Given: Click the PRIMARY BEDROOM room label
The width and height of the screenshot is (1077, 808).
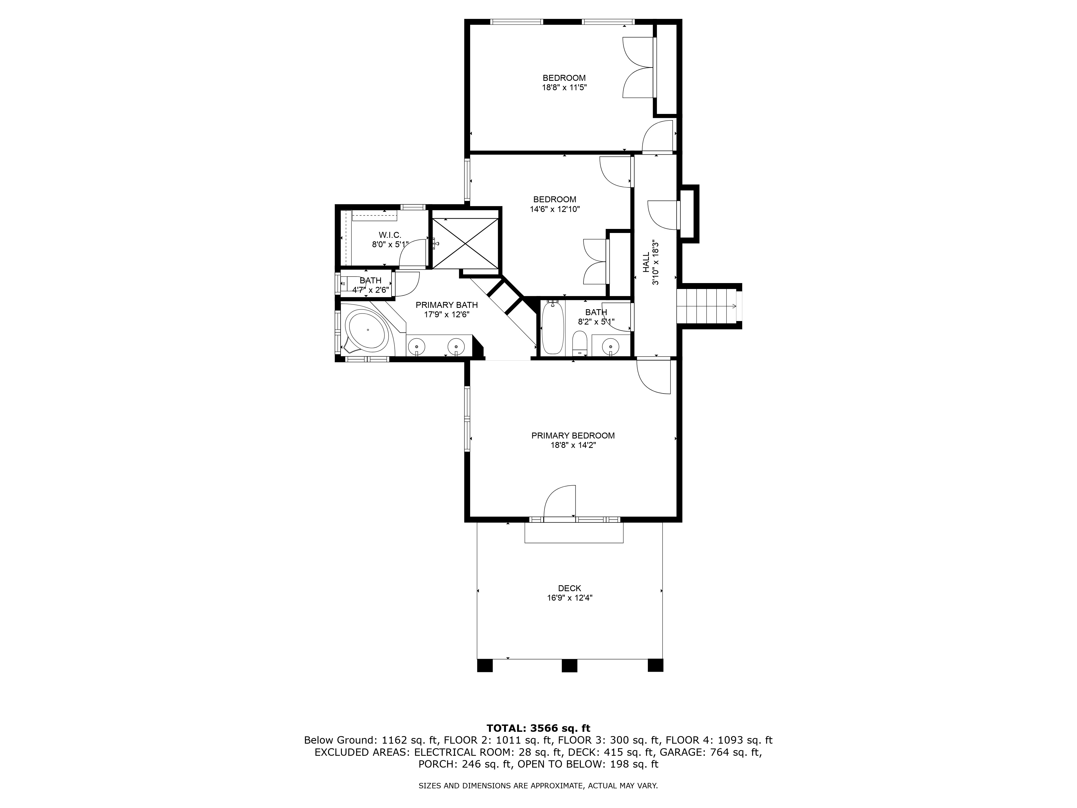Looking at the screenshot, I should [x=573, y=436].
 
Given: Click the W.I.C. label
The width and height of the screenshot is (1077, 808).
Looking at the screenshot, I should [x=390, y=235].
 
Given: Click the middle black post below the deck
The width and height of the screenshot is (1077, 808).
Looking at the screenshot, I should [x=569, y=665].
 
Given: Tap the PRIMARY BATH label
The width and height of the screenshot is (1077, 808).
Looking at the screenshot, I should [x=446, y=305].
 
